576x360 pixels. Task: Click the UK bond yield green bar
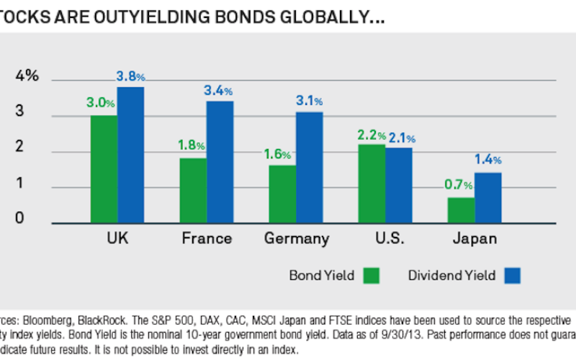104,168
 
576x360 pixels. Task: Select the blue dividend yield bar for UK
130,154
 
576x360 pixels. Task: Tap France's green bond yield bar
193,190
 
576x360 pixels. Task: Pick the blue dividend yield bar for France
220,161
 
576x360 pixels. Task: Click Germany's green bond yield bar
283,194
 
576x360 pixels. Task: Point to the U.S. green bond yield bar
372,183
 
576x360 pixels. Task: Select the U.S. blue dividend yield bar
398,184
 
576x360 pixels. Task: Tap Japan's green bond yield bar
460,210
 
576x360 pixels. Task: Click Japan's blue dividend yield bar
487,197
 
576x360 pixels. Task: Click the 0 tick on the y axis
21,218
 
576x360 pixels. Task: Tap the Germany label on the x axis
296,238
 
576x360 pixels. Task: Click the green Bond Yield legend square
372,275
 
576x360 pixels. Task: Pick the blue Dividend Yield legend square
513,275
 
